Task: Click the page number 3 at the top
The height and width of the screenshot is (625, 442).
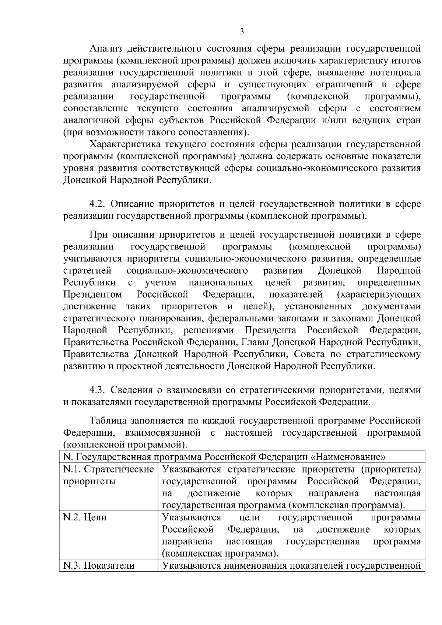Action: click(242, 32)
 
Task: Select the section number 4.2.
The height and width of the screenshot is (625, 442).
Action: click(97, 204)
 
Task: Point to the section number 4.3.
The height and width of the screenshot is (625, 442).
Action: click(97, 390)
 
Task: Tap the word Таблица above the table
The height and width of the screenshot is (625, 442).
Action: click(108, 420)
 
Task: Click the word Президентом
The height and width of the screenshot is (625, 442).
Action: click(93, 295)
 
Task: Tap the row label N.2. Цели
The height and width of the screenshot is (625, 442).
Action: click(85, 517)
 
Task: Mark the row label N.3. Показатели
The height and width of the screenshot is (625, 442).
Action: click(99, 565)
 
